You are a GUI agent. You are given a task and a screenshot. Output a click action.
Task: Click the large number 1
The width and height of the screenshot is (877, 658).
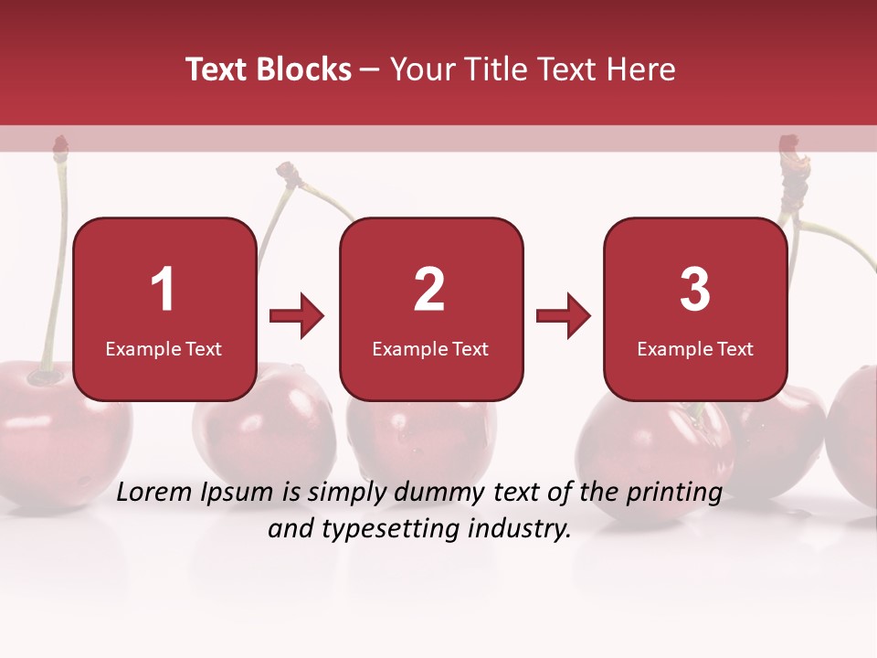click(163, 290)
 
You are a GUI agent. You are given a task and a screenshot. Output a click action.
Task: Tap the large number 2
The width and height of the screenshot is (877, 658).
click(429, 290)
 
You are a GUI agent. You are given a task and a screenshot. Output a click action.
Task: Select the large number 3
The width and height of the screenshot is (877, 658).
click(694, 290)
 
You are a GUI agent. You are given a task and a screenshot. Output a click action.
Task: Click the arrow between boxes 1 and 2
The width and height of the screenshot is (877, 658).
click(297, 316)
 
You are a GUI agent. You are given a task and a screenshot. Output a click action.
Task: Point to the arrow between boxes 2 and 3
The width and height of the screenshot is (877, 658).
click(564, 316)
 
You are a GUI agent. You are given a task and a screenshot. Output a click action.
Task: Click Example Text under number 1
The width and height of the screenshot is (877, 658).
click(164, 348)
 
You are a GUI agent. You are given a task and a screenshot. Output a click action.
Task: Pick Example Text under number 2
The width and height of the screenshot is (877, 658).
click(430, 348)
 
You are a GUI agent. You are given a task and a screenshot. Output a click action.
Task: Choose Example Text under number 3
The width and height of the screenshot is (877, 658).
click(695, 348)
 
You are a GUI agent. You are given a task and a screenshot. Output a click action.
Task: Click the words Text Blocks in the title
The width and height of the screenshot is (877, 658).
click(269, 69)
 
